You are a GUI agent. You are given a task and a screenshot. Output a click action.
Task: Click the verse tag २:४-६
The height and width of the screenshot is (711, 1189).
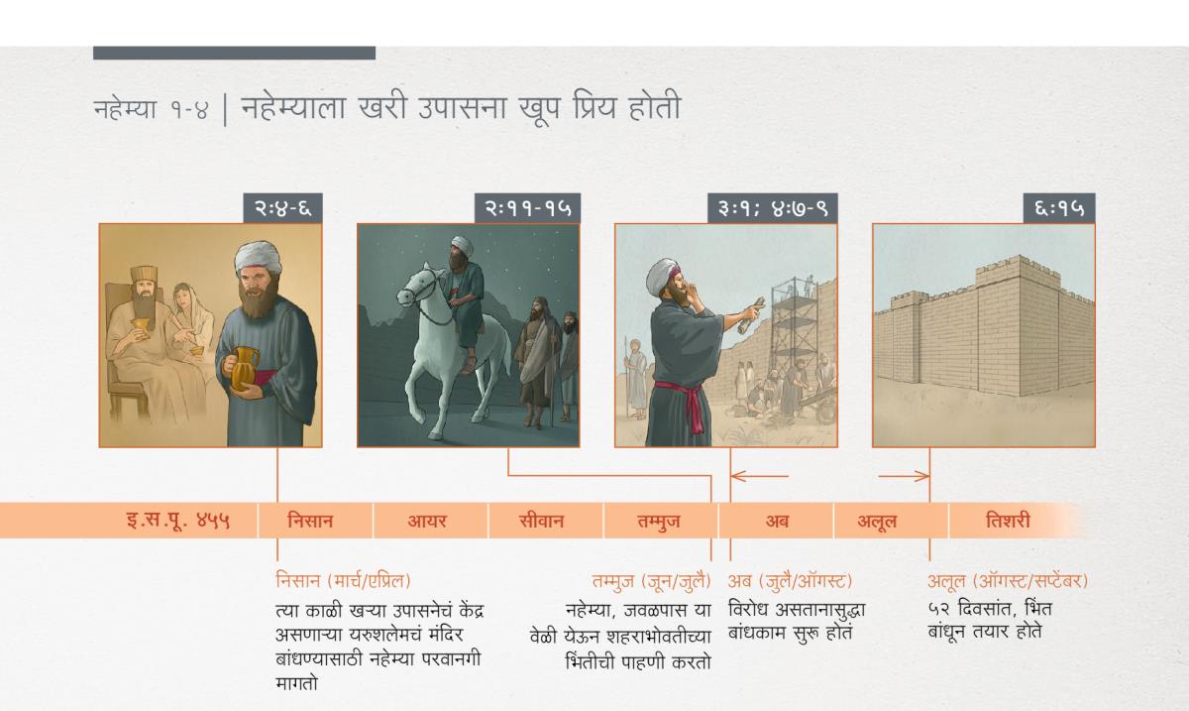point(283,208)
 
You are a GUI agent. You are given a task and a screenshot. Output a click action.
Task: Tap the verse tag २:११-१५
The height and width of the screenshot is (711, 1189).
point(527,208)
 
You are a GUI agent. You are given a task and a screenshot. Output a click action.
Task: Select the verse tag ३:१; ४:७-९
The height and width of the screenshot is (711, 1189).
point(772,208)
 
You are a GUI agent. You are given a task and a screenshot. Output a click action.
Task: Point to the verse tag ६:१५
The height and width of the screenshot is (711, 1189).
point(1059,208)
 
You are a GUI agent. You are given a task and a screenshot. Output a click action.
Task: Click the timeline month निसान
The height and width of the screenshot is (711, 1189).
point(310,521)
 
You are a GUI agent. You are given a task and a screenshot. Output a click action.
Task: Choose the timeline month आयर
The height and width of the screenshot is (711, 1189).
point(427,521)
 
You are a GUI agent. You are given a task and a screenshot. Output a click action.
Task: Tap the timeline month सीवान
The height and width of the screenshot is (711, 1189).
point(541,521)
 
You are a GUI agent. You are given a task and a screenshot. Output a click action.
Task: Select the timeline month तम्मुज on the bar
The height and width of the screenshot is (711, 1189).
point(659,522)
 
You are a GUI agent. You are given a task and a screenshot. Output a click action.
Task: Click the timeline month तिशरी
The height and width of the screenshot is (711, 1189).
point(1008,521)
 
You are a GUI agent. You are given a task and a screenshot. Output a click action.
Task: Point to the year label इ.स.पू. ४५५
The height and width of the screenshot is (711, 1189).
point(178,521)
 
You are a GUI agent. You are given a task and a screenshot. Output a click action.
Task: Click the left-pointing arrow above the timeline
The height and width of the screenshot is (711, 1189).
point(760,476)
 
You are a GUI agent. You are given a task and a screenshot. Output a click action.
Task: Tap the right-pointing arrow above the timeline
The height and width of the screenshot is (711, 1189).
point(904,477)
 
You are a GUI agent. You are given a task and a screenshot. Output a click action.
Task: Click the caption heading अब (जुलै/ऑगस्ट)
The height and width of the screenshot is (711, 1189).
point(790,581)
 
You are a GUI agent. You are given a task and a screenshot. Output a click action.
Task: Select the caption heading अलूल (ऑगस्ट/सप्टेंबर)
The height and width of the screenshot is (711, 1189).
point(1008,581)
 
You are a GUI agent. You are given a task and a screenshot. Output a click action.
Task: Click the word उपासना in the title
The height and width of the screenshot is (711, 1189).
point(463,107)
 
